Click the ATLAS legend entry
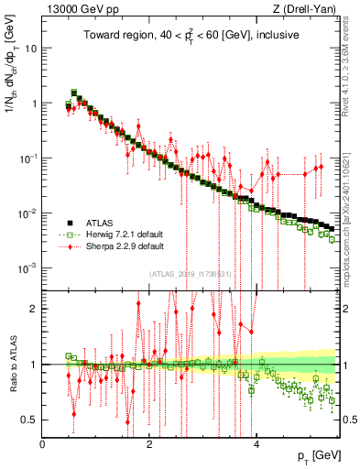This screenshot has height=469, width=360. point(98,223)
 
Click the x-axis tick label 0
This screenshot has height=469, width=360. point(43,444)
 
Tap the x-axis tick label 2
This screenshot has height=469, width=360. point(149,444)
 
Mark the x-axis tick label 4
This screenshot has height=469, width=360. point(256,444)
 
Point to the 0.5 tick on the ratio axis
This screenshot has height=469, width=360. point(30,420)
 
